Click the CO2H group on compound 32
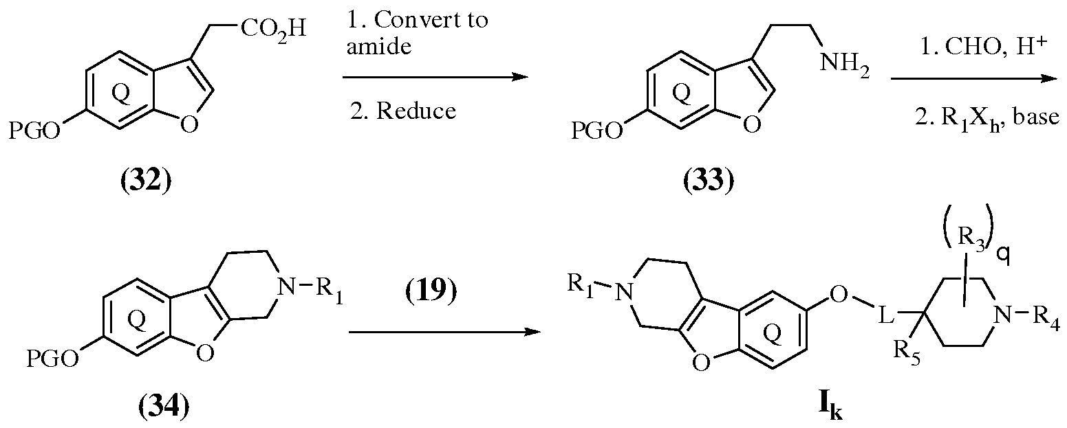[273, 30]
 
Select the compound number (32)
[146, 181]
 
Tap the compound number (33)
[709, 181]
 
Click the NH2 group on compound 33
[844, 65]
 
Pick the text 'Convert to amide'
[418, 33]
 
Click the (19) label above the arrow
[431, 291]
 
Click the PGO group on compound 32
[35, 129]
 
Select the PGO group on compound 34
[52, 359]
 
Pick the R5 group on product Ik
[907, 353]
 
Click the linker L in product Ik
[885, 316]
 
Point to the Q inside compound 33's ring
[682, 94]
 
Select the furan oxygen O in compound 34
[205, 352]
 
